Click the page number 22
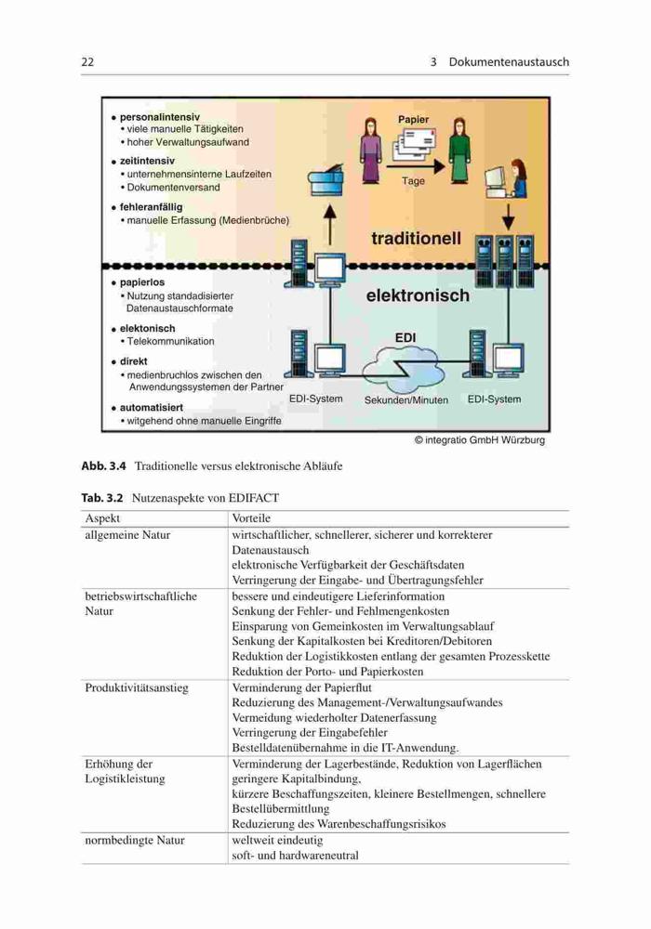(x=87, y=61)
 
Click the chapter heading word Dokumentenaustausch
(x=509, y=61)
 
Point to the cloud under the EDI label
(x=404, y=367)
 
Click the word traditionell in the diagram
(x=416, y=238)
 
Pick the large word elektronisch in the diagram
(x=418, y=295)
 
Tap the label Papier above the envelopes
(x=413, y=120)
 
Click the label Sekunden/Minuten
(x=406, y=399)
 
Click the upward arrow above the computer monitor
(x=329, y=224)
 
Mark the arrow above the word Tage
(x=415, y=166)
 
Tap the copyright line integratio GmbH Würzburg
(x=479, y=440)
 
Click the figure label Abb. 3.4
(x=104, y=465)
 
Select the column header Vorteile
(x=251, y=517)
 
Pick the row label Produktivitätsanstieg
(x=137, y=687)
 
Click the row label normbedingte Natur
(x=135, y=840)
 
